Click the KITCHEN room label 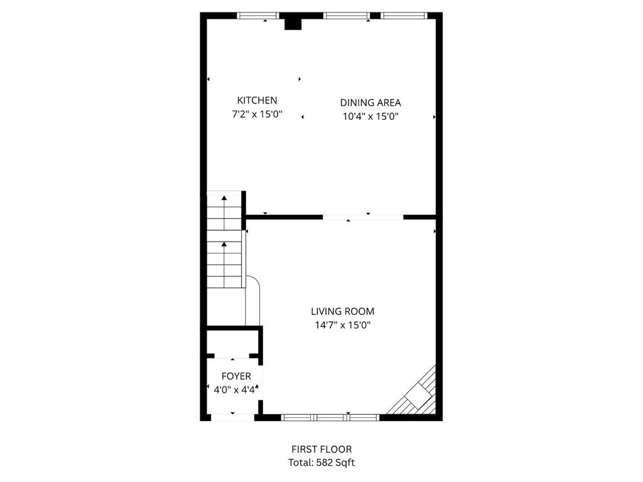click(x=257, y=100)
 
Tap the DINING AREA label click(x=370, y=103)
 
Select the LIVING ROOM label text click(x=343, y=311)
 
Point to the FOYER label click(x=236, y=377)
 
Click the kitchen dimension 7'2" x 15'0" click(x=257, y=115)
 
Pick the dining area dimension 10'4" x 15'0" click(x=370, y=116)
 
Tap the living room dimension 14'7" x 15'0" click(x=343, y=325)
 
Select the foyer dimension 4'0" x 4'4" click(x=235, y=390)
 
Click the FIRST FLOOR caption click(x=321, y=449)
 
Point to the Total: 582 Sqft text click(x=321, y=463)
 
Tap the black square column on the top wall click(x=293, y=23)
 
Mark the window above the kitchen click(x=258, y=16)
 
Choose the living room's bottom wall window click(x=330, y=417)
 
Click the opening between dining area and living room click(x=363, y=217)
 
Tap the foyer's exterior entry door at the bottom click(x=232, y=417)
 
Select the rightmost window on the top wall click(x=404, y=16)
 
